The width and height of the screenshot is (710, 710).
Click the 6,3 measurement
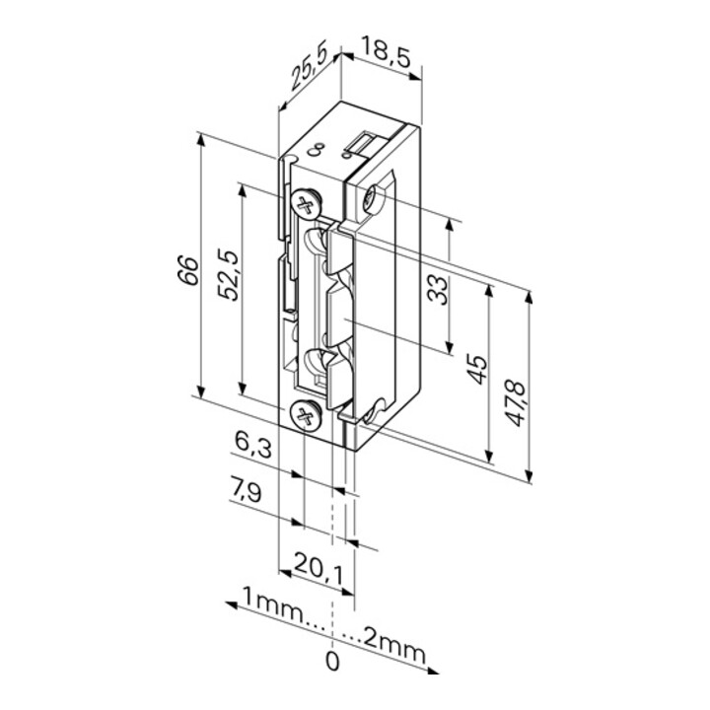250,448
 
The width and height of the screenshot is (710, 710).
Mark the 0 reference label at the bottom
332,661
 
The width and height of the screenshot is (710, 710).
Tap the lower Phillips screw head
307,417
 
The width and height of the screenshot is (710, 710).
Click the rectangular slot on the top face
361,146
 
